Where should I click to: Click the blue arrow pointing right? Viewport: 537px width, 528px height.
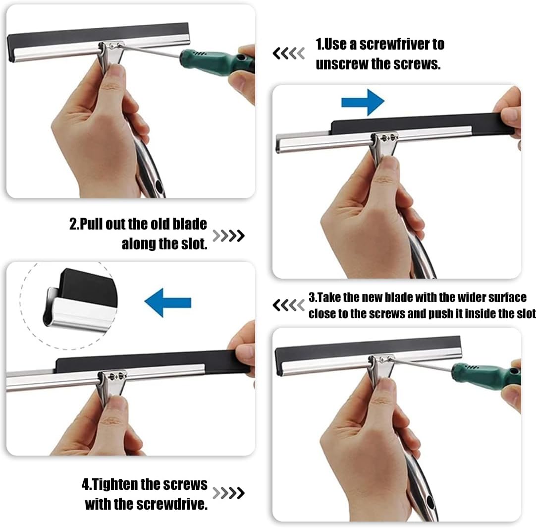click(x=362, y=102)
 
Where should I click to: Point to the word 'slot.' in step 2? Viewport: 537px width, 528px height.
click(x=191, y=244)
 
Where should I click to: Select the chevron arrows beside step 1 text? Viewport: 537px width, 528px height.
click(x=288, y=54)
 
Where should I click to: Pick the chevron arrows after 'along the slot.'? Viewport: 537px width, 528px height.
click(x=228, y=235)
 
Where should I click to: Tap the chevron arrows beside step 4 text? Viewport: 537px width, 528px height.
click(x=228, y=493)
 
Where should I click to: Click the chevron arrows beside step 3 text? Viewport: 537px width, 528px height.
click(x=288, y=305)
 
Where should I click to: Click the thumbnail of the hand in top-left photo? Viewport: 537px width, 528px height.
click(x=115, y=70)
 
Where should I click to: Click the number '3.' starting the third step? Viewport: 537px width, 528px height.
click(x=313, y=297)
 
